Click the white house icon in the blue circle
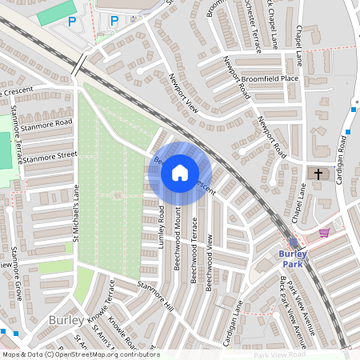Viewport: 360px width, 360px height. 180,172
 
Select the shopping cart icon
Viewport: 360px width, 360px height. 324,233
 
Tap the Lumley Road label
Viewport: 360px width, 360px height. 162,225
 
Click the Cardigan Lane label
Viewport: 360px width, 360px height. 233,318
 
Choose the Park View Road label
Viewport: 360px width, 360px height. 279,354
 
